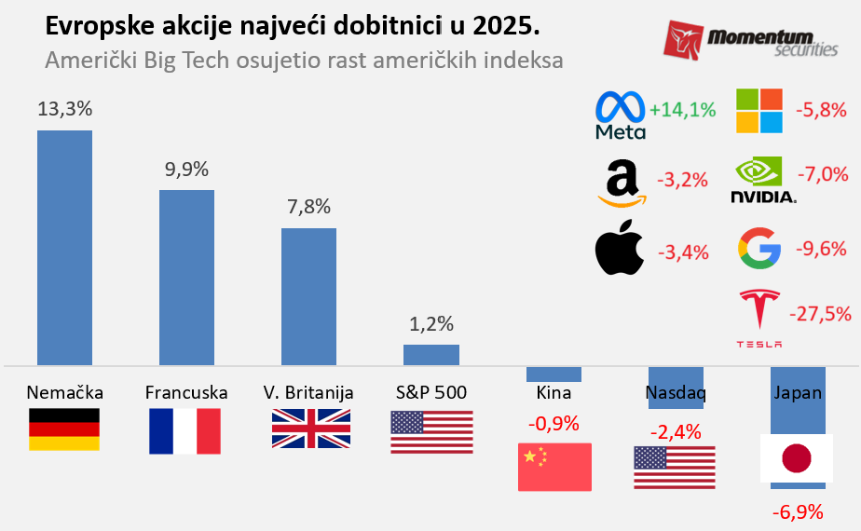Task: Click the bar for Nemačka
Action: [64, 247]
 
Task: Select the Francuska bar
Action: [186, 277]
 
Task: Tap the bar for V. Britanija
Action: [308, 296]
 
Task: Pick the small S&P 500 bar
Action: [430, 354]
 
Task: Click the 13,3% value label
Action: [64, 109]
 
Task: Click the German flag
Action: [64, 429]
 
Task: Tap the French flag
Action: [184, 431]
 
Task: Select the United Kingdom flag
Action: [311, 429]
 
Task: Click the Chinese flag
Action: [554, 467]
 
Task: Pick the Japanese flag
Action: [797, 458]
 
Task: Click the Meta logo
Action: [621, 116]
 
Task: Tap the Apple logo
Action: [620, 249]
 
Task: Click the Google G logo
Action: [758, 248]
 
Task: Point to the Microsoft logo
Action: [759, 111]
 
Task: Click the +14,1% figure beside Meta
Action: [683, 110]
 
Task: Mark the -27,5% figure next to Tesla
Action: [820, 314]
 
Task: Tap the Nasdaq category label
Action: [676, 393]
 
